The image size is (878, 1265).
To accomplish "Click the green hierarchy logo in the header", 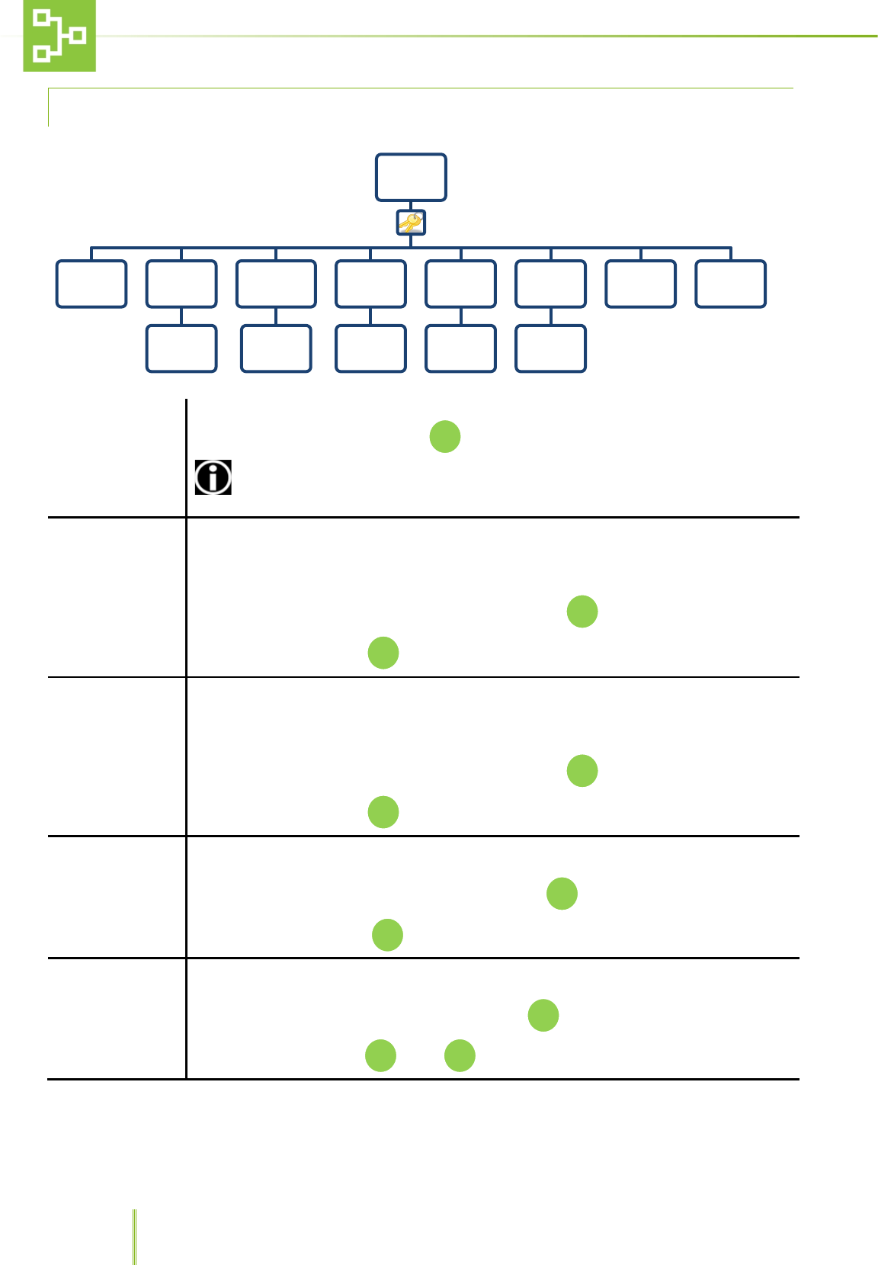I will [59, 36].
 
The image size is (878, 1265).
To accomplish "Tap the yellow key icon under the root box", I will [411, 223].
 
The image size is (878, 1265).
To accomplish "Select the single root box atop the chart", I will [411, 177].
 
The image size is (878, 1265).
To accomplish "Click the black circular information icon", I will [213, 477].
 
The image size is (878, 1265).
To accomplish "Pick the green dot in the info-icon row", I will [445, 437].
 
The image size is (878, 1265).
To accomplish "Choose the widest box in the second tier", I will [276, 284].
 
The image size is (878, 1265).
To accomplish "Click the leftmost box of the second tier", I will [91, 284].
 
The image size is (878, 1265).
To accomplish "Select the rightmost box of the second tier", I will [730, 284].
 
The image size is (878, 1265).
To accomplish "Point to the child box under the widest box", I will [276, 348].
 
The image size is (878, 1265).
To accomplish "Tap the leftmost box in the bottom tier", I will [181, 348].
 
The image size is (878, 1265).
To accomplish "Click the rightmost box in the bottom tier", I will [550, 348].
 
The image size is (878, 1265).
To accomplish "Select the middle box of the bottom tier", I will [370, 348].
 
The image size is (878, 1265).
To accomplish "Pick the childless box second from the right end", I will [640, 284].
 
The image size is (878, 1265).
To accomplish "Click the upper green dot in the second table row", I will [582, 612].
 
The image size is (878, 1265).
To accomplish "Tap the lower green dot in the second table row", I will [383, 653].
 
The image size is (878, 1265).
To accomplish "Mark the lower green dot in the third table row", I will [383, 812].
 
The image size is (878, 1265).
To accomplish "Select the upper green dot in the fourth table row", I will [562, 894].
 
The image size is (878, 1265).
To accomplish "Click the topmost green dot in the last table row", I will [543, 1015].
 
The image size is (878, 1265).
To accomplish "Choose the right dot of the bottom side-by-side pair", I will [460, 1055].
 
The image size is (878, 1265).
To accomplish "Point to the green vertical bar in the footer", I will [135, 1236].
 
